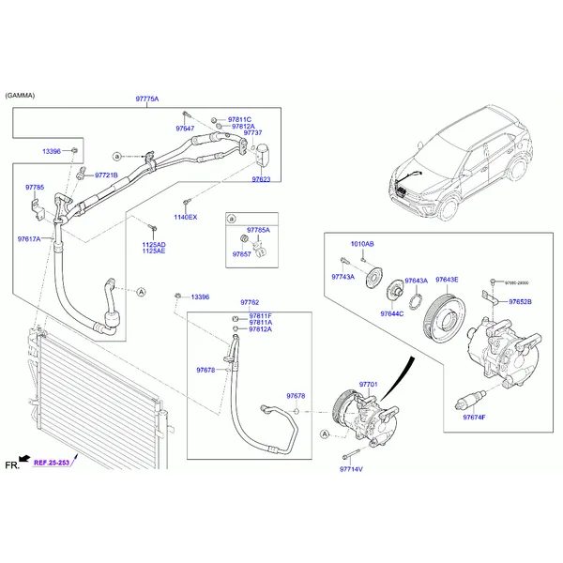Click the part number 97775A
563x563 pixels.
click(147, 99)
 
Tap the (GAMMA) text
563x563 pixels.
click(21, 96)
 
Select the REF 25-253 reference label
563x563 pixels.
click(53, 463)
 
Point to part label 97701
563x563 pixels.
click(368, 384)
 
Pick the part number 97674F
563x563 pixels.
click(474, 417)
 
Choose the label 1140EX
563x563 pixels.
click(186, 217)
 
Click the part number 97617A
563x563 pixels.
click(29, 239)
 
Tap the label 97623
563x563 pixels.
click(261, 179)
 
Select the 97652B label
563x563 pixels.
click(520, 302)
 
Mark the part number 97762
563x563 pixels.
click(250, 302)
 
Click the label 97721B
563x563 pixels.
click(106, 175)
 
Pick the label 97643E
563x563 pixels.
click(447, 280)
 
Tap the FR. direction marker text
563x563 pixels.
click(12, 464)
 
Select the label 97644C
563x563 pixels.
click(391, 313)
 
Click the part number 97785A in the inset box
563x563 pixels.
click(258, 230)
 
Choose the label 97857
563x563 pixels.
click(242, 253)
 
